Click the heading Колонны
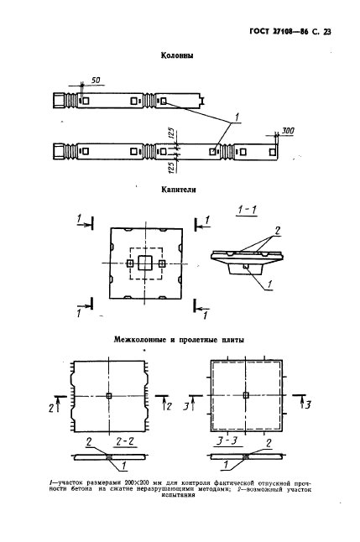coord(177,55)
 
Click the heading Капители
coord(179,190)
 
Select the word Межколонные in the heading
coord(140,340)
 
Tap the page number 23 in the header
coord(326,32)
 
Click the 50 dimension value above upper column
coord(96,81)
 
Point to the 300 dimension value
coord(287,131)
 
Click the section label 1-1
coord(248,210)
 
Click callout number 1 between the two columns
coord(237,117)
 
